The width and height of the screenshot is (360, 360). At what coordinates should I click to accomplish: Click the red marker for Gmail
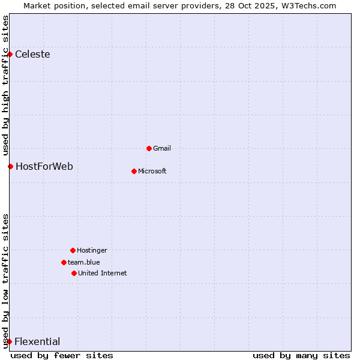[x=149, y=148]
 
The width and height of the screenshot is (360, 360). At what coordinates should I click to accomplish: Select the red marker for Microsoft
[x=134, y=171]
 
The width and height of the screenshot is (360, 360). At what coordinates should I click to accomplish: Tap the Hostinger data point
[x=73, y=250]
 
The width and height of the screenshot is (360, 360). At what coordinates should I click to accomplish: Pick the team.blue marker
[x=64, y=262]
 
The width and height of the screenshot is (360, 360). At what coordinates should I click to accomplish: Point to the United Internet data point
[x=74, y=273]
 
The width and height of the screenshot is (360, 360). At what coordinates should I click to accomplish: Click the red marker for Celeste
[x=10, y=55]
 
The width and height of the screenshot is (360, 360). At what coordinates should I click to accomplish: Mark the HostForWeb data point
[x=10, y=166]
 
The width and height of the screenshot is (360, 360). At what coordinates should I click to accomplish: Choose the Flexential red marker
[x=9, y=342]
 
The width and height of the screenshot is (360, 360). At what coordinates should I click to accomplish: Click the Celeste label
[x=32, y=55]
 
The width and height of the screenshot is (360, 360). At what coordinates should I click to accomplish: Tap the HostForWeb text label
[x=44, y=166]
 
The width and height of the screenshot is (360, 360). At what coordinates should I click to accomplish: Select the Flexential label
[x=37, y=342]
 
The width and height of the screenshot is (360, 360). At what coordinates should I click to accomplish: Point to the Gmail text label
[x=162, y=148]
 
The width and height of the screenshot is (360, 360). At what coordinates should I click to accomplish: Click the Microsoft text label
[x=152, y=171]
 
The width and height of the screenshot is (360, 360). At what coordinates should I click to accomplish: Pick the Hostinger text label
[x=92, y=250]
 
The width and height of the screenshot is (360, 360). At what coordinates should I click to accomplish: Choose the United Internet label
[x=102, y=273]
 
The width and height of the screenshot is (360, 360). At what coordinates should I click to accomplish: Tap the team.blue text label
[x=83, y=262]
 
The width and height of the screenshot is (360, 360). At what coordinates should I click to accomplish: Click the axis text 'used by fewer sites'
[x=62, y=356]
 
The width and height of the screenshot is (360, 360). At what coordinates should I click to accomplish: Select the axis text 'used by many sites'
[x=301, y=356]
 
